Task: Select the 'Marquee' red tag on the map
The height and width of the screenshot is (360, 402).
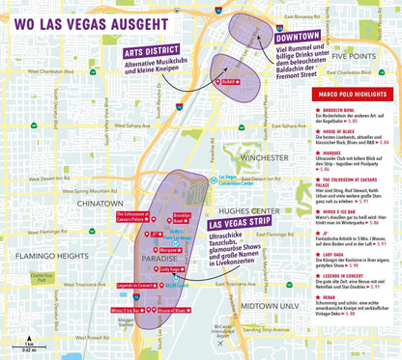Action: click(171, 249)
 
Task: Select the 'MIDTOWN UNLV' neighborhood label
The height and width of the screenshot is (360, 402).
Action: click(270, 305)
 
